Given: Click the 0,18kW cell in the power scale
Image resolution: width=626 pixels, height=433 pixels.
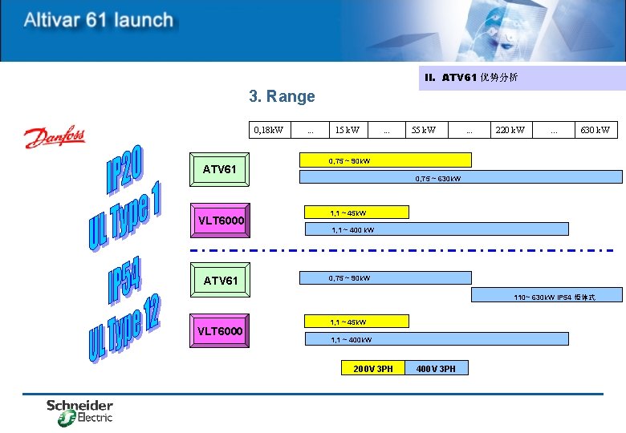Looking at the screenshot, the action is (268, 130).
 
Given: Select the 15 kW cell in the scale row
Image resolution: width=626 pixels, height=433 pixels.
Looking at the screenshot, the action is (347, 130).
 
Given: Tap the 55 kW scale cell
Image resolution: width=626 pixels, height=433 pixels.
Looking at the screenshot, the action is (424, 130).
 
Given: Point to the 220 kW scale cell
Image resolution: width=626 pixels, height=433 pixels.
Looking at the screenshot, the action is (510, 130).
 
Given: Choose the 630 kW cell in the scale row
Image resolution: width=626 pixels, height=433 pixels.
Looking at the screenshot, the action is (595, 130).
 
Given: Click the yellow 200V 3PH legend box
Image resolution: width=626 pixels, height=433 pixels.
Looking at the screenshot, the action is (373, 368).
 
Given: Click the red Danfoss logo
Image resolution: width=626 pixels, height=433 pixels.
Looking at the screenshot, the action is (54, 137).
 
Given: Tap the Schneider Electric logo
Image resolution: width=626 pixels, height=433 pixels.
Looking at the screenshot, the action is (79, 411).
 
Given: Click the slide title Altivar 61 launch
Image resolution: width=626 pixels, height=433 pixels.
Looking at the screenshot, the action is (98, 20).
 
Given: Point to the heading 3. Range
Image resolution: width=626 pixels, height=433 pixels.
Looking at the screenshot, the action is (282, 97).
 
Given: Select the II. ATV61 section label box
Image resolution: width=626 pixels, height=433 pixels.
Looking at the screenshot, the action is (522, 78).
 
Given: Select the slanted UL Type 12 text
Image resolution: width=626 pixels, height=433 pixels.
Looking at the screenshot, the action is (124, 328).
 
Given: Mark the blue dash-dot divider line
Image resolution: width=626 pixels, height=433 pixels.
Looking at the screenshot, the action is (401, 251).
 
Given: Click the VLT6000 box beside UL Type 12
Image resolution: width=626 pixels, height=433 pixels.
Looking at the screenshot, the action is (220, 331).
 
